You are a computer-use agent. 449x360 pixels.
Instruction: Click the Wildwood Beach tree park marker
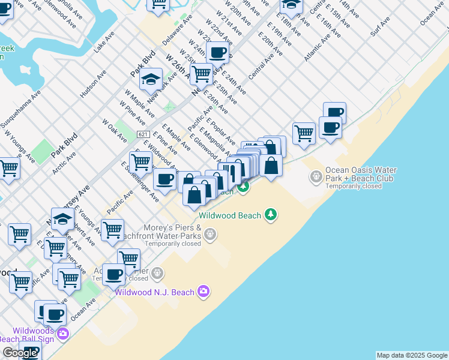click(x=271, y=215)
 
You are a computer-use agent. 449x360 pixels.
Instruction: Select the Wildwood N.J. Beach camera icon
click(x=203, y=292)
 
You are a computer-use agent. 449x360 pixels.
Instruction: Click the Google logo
click(x=19, y=353)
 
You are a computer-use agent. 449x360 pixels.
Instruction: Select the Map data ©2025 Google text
click(x=412, y=355)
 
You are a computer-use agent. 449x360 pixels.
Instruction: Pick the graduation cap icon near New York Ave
click(x=151, y=79)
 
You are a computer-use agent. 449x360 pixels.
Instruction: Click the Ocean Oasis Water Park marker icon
click(x=315, y=176)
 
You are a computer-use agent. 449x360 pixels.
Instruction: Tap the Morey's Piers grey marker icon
click(x=209, y=234)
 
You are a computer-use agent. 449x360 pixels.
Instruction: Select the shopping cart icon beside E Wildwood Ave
click(x=140, y=161)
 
